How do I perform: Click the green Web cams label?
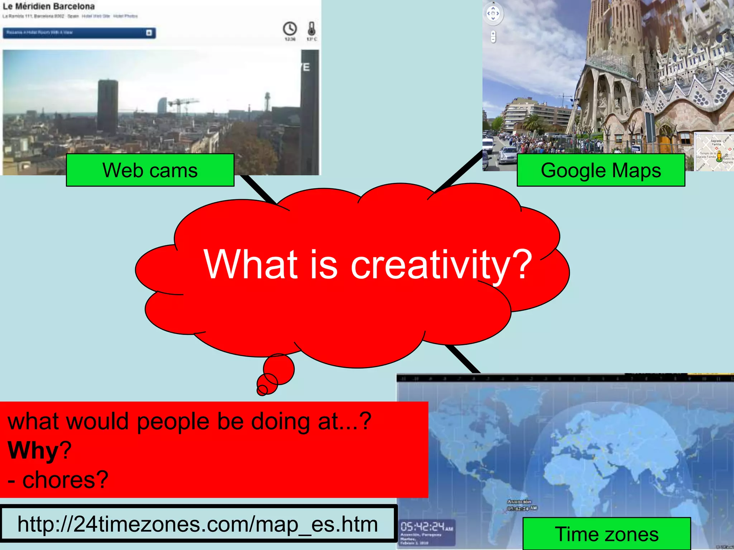tap(150, 170)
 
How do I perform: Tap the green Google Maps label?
tap(601, 170)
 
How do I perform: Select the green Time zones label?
tap(606, 534)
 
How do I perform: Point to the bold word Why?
tap(33, 450)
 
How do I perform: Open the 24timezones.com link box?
tap(198, 524)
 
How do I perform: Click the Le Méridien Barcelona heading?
tap(49, 6)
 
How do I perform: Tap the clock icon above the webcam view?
tap(290, 29)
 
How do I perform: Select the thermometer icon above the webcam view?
tap(311, 29)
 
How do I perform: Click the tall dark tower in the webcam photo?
tap(108, 106)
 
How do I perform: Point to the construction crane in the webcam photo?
tap(183, 104)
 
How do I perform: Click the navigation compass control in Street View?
tap(493, 14)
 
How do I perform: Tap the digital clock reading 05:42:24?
tap(426, 527)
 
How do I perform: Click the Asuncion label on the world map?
tap(519, 502)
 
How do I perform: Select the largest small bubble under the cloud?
tap(279, 369)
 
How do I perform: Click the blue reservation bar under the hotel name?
tap(79, 33)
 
